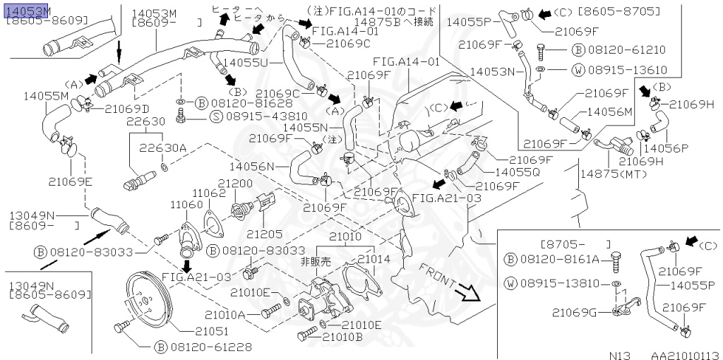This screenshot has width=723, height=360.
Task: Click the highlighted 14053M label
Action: coord(28,11)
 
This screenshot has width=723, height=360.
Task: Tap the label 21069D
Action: coord(127,109)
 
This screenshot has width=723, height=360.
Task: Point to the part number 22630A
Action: coord(162,148)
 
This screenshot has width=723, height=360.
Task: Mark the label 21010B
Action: coord(343,337)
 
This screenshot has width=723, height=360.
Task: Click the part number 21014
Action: coord(374,259)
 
